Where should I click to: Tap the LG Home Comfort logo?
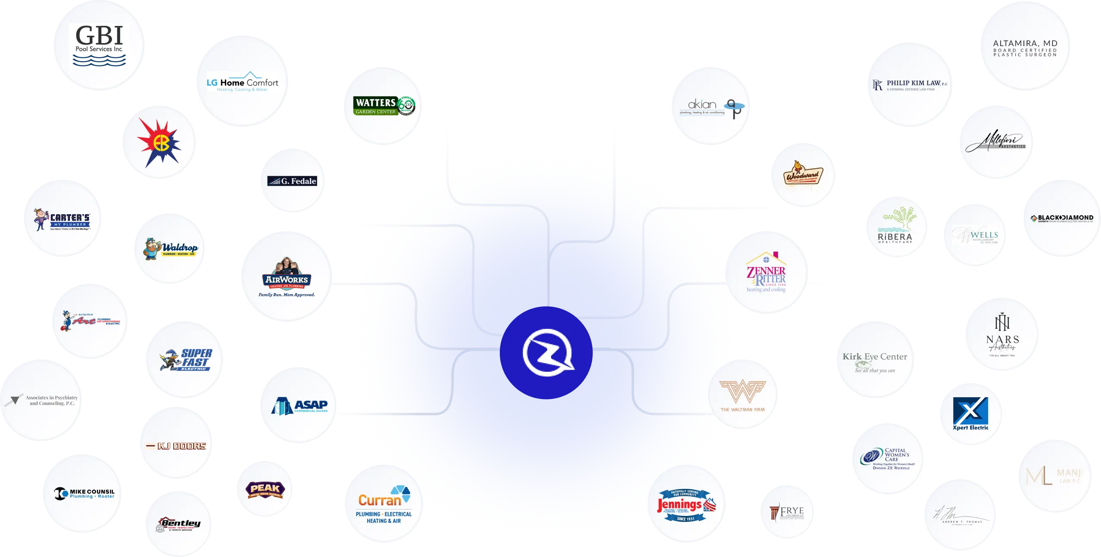(x=243, y=82)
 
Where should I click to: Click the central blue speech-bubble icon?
(x=546, y=353)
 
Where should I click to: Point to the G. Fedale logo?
(x=293, y=181)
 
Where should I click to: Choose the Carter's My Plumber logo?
(x=63, y=219)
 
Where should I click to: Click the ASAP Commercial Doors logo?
(x=300, y=406)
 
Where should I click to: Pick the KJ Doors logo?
(x=177, y=446)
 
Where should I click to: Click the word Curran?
(x=380, y=500)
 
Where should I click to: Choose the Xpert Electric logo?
(x=970, y=414)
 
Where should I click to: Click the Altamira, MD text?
(x=1025, y=44)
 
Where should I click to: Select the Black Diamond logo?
(x=1062, y=218)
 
